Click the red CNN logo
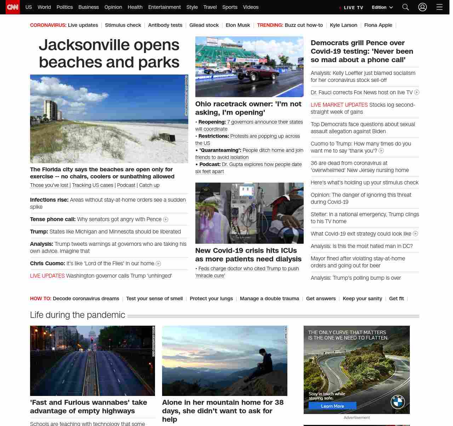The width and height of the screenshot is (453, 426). pos(13,7)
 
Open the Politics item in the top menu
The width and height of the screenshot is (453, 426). pos(64,7)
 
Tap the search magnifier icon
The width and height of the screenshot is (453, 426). pos(406,7)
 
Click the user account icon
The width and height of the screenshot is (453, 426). pos(423,7)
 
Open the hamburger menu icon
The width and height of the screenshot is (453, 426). pos(440,7)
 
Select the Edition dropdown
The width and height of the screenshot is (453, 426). pos(382,7)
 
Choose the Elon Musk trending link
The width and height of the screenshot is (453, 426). pos(238,25)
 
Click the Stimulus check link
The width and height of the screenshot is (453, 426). pos(123,25)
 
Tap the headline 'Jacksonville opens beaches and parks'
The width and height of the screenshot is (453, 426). pos(109,54)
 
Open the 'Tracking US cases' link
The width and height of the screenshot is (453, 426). pos(93,185)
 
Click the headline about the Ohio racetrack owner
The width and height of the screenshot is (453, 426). pos(248,108)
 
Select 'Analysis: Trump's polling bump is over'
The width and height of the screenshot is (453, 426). pos(356,278)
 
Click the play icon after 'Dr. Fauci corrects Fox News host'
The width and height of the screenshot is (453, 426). pos(417,93)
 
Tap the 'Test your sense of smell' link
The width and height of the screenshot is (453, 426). pos(154,299)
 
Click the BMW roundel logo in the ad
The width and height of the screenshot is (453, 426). pos(397,402)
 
